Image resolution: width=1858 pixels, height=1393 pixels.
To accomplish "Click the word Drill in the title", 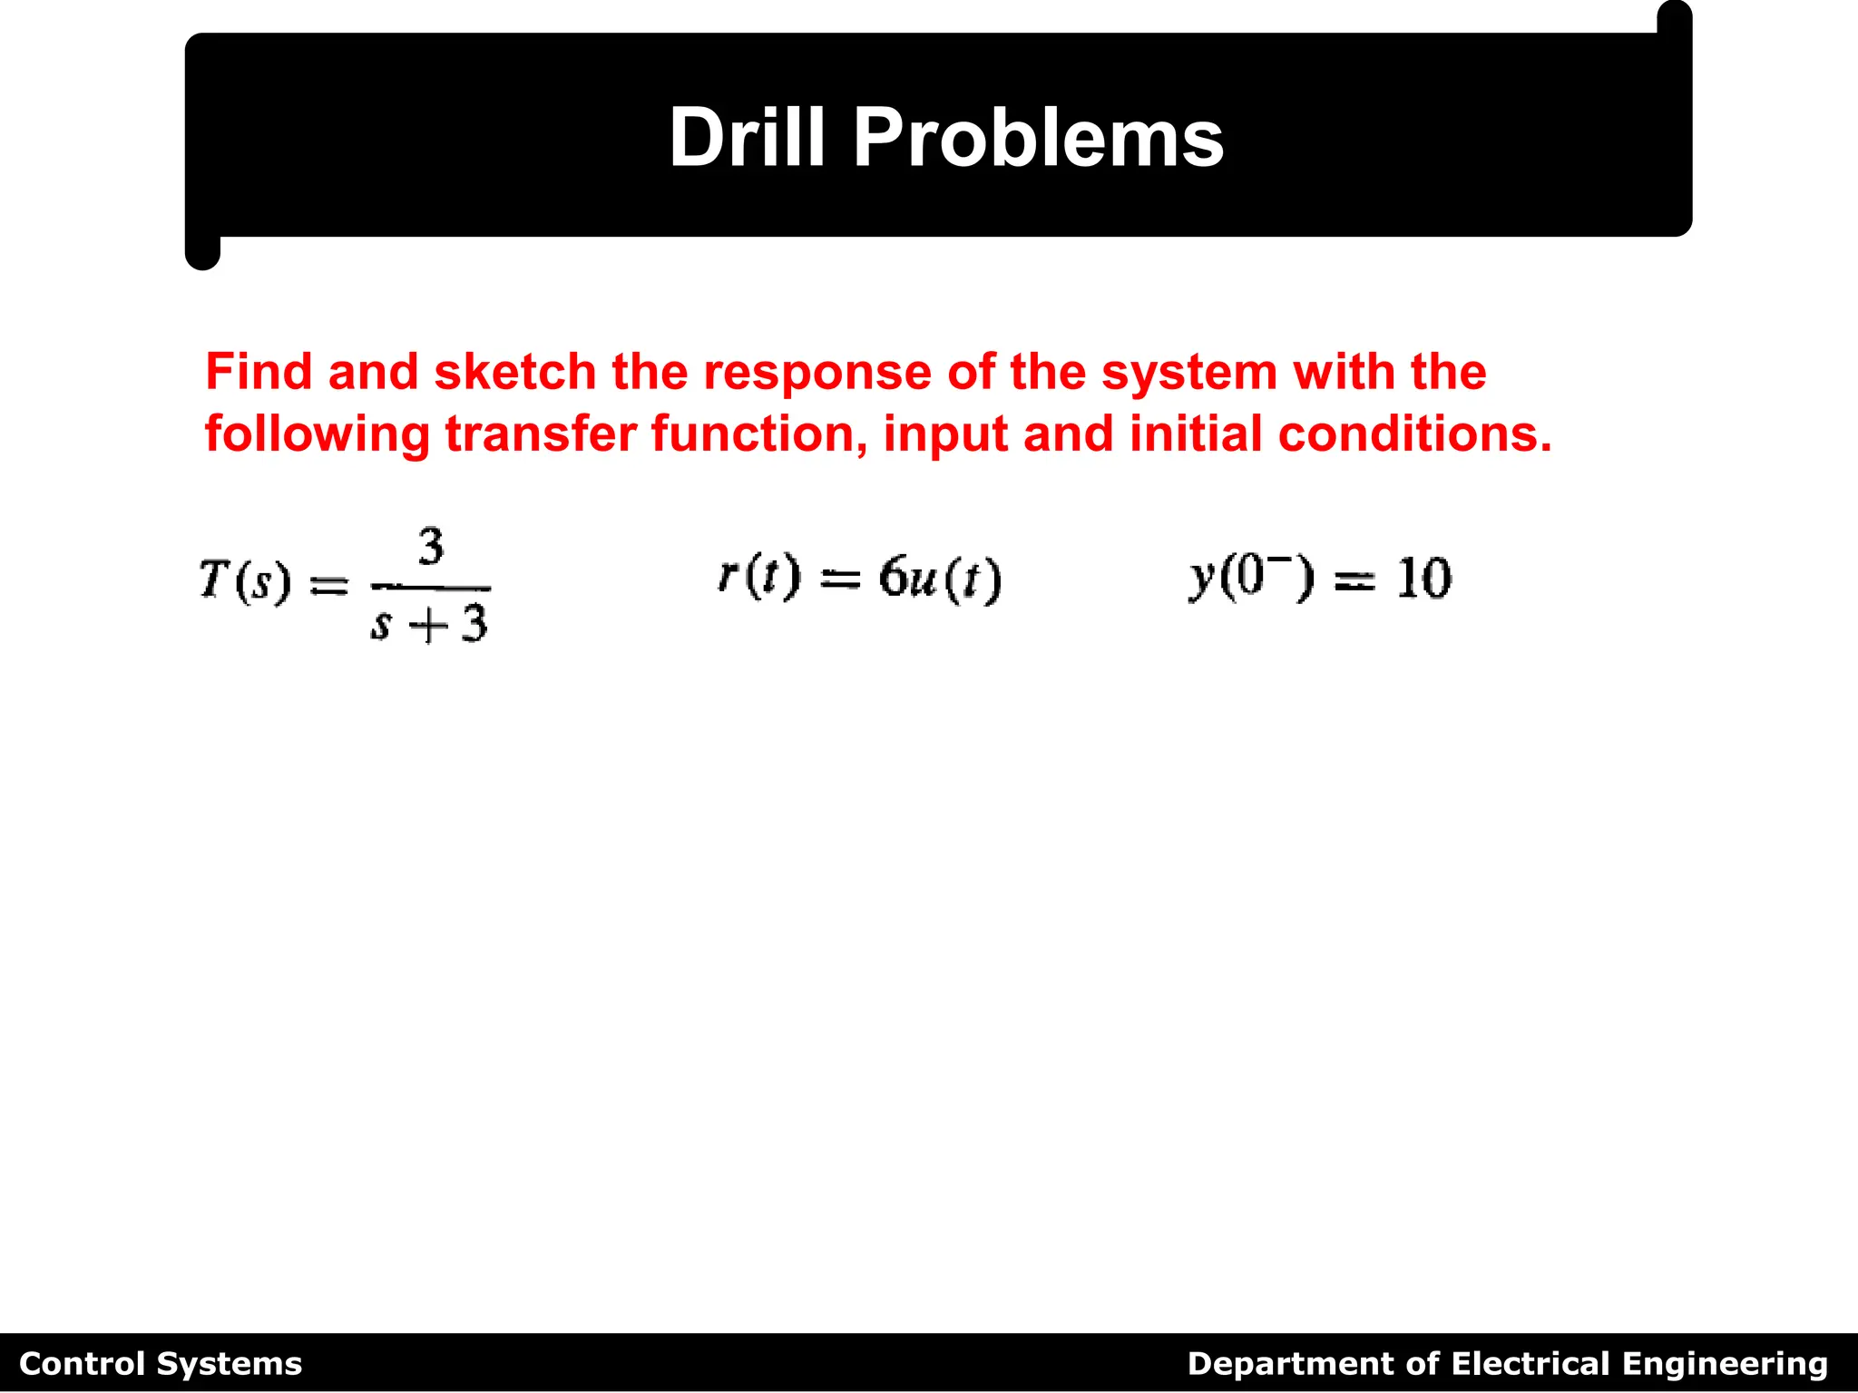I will tap(746, 138).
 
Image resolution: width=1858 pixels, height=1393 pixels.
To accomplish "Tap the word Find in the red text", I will tap(259, 372).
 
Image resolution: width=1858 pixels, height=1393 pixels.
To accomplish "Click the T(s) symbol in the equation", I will tap(245, 580).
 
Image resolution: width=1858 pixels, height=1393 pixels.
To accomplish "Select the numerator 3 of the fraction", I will tap(431, 547).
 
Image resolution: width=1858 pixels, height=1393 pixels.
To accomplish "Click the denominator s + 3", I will tap(429, 624).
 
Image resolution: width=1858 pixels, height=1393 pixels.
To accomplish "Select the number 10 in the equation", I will tap(1423, 579).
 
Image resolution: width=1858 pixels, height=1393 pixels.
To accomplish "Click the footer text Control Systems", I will tap(161, 1364).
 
